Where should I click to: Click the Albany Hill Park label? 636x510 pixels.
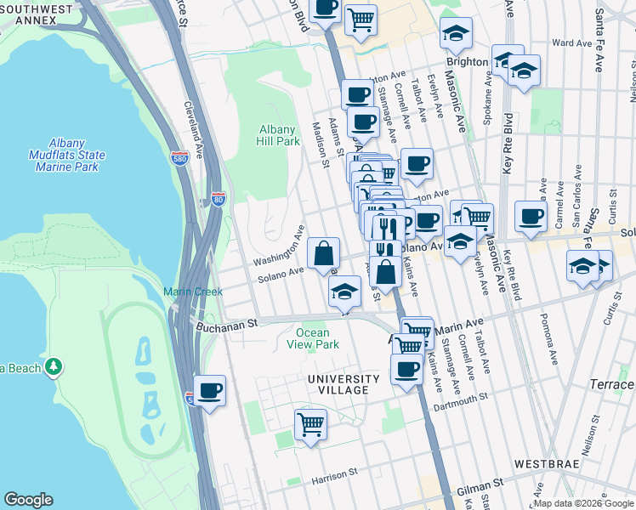(x=278, y=135)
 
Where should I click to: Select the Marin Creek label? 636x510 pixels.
(x=193, y=292)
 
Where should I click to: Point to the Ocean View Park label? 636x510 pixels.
(x=318, y=338)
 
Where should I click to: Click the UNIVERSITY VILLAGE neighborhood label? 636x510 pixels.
(x=344, y=385)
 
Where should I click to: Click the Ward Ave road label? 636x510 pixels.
(x=571, y=42)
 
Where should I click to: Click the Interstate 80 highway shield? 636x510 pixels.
(x=219, y=200)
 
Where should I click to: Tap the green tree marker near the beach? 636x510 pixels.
(x=54, y=366)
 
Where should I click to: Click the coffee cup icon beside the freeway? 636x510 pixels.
(x=210, y=391)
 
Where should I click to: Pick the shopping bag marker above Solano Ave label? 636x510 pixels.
(x=324, y=252)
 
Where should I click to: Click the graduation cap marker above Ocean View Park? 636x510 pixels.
(x=344, y=292)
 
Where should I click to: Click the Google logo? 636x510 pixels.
(x=28, y=500)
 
